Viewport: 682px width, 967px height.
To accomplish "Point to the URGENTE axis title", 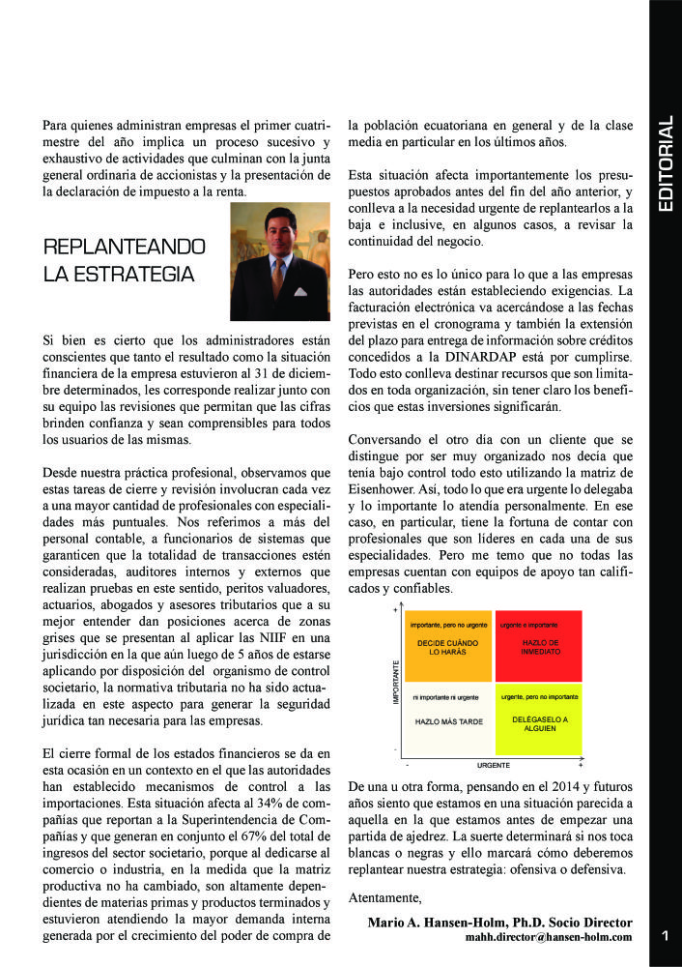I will pyautogui.click(x=493, y=764).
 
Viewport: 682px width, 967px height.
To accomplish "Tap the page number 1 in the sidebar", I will pyautogui.click(x=666, y=935).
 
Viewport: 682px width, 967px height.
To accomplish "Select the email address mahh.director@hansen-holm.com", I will pyautogui.click(x=549, y=936).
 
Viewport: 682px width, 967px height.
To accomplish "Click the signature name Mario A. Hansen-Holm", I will pyautogui.click(x=453, y=922).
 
